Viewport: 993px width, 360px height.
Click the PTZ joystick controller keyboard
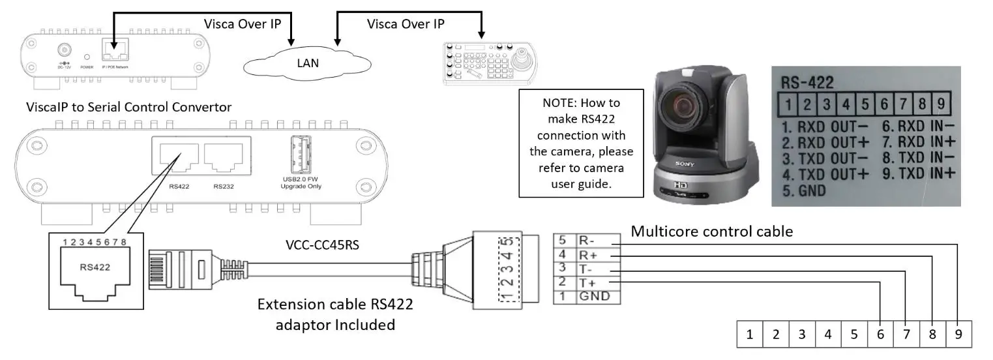[489, 64]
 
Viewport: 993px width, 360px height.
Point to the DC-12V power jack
[64, 51]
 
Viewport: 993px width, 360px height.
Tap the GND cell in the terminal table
[595, 296]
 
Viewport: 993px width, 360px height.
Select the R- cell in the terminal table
[595, 239]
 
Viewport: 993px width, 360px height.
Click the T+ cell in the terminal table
[595, 282]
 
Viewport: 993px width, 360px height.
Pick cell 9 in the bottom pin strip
[958, 335]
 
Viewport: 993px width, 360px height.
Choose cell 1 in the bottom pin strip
[750, 335]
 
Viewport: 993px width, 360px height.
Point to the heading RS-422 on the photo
[808, 82]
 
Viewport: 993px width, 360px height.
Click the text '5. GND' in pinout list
[804, 192]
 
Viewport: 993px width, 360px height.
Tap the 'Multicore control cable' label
[711, 231]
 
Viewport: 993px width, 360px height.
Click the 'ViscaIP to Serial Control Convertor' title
[128, 106]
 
